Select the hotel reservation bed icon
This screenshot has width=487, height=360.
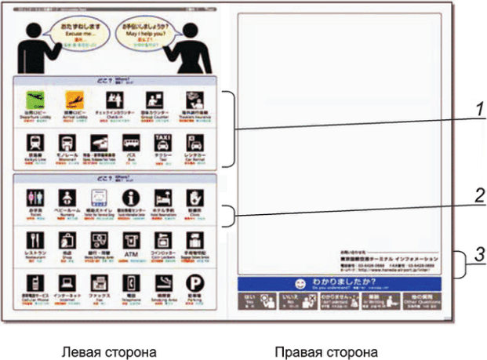[162, 197]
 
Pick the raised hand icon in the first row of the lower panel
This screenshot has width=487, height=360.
[193, 197]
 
